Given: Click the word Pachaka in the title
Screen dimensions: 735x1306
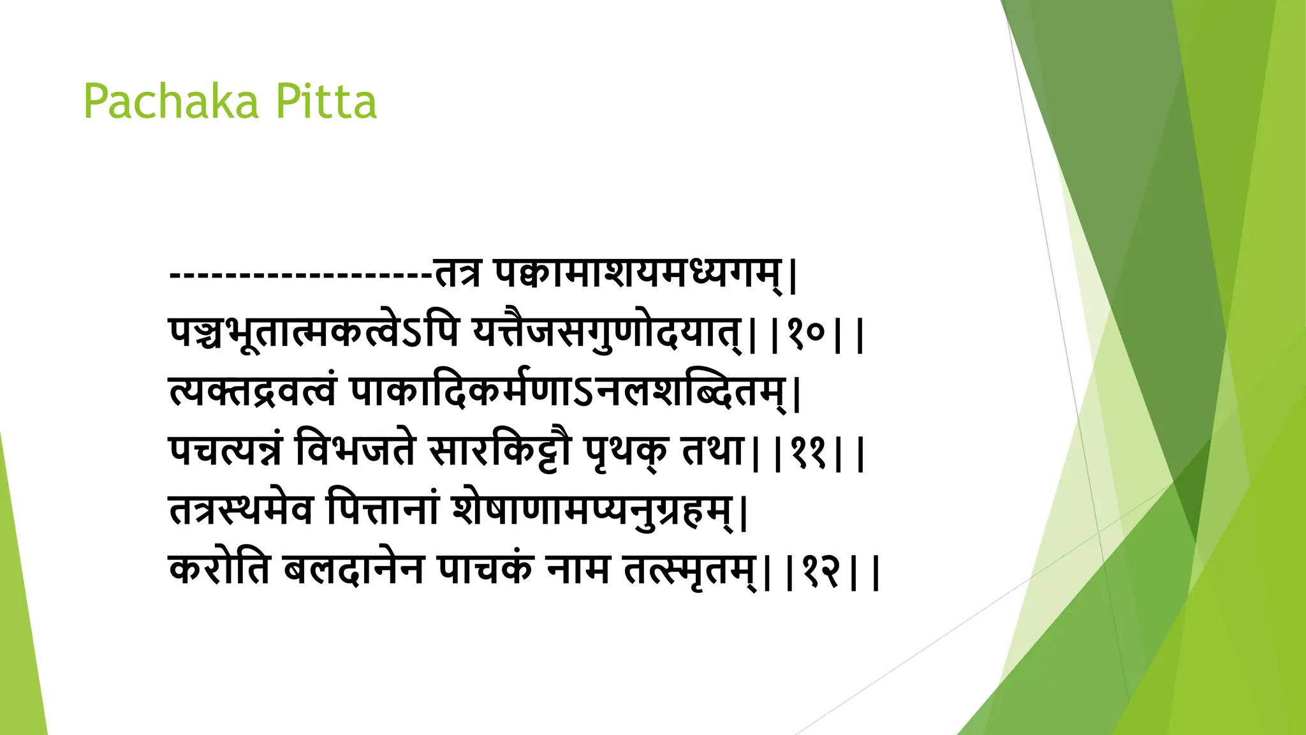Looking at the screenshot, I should tap(171, 102).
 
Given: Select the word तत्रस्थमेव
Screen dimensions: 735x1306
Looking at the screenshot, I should tap(242, 510).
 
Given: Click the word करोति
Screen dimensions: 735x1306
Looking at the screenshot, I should tap(220, 569).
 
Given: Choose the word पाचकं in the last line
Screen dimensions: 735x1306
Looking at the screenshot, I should tap(484, 569).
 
